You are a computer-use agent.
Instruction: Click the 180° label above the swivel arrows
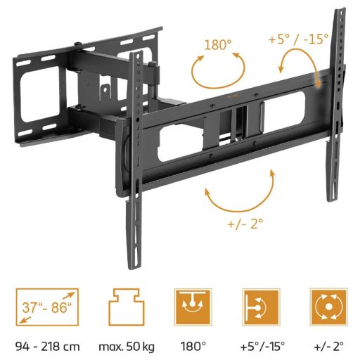(218, 44)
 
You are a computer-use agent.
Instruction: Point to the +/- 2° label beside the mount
(245, 224)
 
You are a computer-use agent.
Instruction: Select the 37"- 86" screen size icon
(47, 307)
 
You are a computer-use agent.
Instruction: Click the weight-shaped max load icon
(127, 307)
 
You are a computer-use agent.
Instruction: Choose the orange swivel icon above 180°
(193, 307)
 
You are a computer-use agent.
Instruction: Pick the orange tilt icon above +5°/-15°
(262, 307)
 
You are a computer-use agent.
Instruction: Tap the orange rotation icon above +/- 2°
(328, 307)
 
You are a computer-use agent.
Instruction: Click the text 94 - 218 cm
(48, 347)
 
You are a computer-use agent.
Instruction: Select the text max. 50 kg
(127, 347)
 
